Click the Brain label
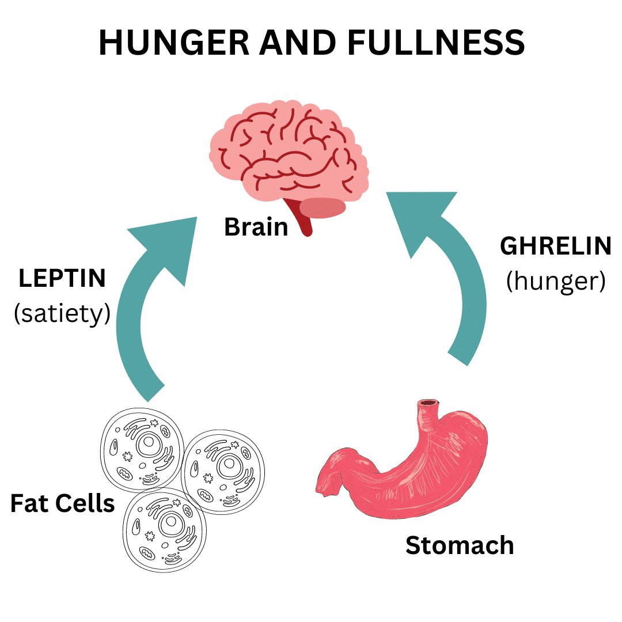click(256, 227)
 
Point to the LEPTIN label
click(62, 279)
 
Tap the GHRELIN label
click(555, 246)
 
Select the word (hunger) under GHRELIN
click(555, 281)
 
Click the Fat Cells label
click(62, 503)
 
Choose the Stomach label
click(459, 545)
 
